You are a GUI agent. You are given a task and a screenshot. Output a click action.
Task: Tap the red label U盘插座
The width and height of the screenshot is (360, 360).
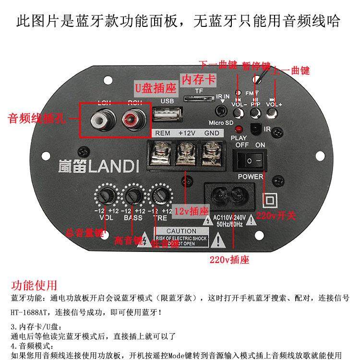[x=155, y=88]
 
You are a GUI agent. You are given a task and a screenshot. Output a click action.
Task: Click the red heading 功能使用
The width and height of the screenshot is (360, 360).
[x=34, y=286]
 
